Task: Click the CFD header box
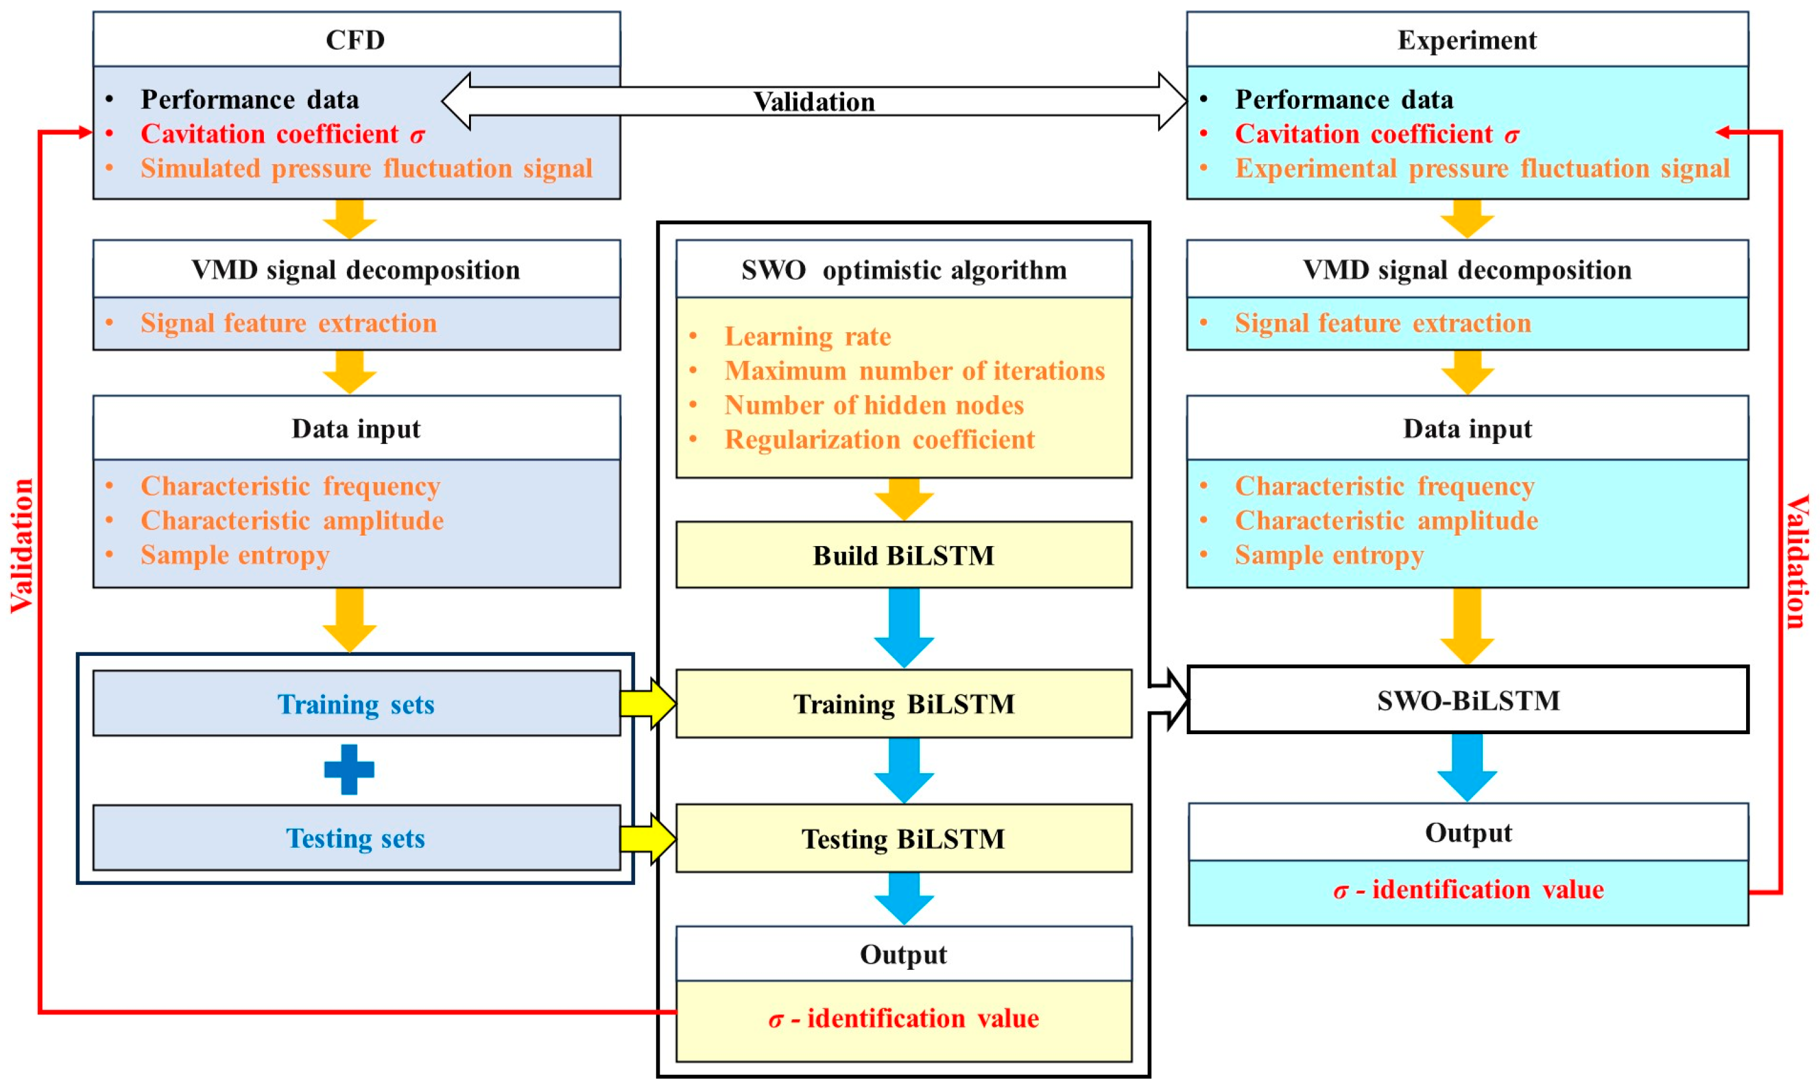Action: [x=356, y=40]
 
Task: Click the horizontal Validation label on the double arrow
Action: [x=814, y=101]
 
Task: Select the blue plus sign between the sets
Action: [x=349, y=769]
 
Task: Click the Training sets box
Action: [x=356, y=703]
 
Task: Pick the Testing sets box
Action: [x=356, y=837]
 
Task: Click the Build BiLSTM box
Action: [x=903, y=555]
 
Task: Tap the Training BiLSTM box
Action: [x=903, y=703]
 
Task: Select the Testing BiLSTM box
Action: [x=903, y=838]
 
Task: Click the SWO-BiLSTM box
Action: [x=1467, y=699]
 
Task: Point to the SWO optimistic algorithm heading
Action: [x=903, y=269]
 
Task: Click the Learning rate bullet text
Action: [x=807, y=335]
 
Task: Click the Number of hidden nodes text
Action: [x=873, y=404]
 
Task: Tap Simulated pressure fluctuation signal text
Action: [x=366, y=168]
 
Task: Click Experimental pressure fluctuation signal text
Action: [x=1481, y=168]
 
